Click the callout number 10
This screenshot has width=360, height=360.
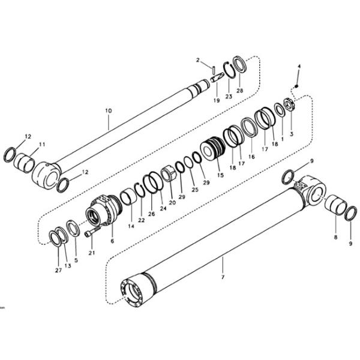click(108, 110)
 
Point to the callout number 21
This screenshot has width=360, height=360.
click(91, 253)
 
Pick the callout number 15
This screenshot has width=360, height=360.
click(220, 175)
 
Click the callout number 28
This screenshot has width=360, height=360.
click(240, 91)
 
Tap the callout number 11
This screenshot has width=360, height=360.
click(42, 145)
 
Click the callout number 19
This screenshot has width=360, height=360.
click(217, 101)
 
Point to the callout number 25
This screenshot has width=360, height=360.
click(196, 190)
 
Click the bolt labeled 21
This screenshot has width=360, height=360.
click(90, 232)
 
